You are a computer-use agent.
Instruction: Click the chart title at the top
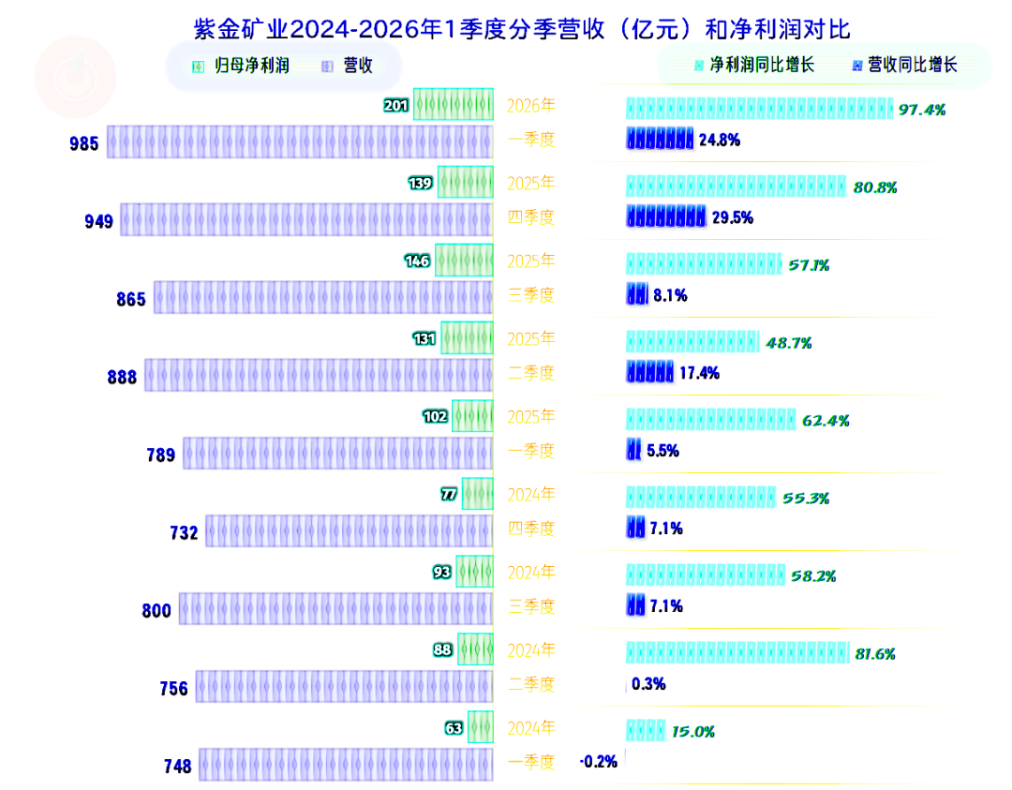tap(522, 29)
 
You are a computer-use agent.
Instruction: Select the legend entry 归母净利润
tap(241, 66)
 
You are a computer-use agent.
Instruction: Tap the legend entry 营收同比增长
tap(904, 66)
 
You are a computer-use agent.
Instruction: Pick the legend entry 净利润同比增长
tap(753, 66)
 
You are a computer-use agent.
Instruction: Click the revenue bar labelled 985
tap(300, 142)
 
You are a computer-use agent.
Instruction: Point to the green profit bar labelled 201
tap(454, 104)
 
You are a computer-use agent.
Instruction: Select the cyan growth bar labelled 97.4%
tap(759, 109)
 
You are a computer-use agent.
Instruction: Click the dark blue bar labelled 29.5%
tap(666, 216)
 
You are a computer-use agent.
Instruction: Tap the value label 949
tap(98, 222)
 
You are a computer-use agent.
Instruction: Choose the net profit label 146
tap(417, 261)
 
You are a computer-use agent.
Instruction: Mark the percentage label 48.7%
tap(789, 343)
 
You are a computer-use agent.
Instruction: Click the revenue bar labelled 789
tap(338, 453)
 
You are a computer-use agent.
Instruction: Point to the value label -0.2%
tap(599, 762)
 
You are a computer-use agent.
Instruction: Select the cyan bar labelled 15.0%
tap(646, 731)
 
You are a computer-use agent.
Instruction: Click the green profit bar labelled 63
tap(480, 727)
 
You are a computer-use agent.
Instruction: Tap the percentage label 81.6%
tap(875, 654)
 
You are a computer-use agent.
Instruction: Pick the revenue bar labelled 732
tap(350, 530)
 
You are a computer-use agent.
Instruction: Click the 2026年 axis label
tap(531, 105)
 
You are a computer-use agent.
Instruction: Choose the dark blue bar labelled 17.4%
tap(650, 372)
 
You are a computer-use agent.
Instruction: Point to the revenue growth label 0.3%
tap(648, 684)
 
